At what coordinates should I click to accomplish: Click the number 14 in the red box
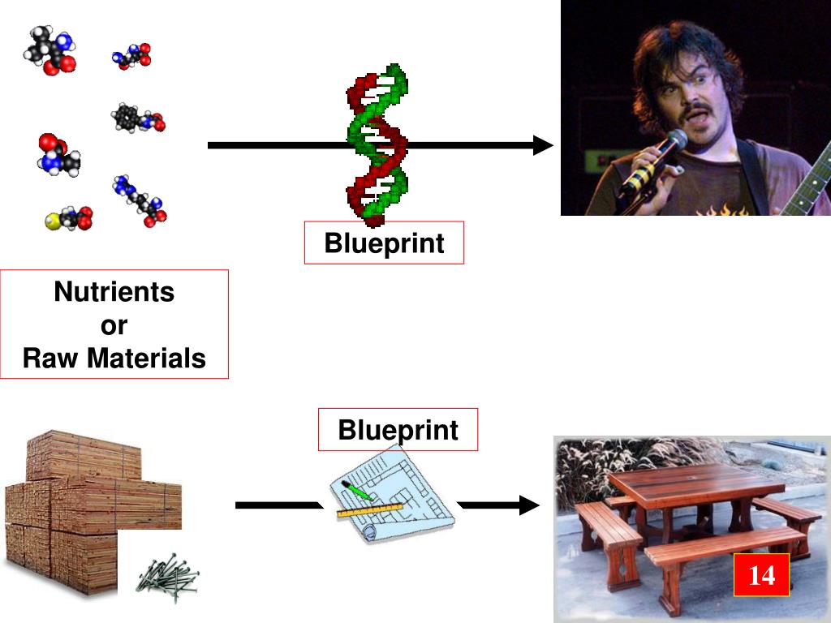(761, 575)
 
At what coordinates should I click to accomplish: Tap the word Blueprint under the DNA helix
(384, 243)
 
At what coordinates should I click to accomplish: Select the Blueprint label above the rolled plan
(398, 429)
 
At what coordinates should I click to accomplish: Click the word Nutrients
(114, 291)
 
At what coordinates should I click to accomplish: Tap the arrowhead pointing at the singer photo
(542, 146)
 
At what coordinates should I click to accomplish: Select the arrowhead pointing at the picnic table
(529, 505)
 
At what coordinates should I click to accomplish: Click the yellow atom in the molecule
(51, 221)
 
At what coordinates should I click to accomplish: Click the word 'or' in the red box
(114, 324)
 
